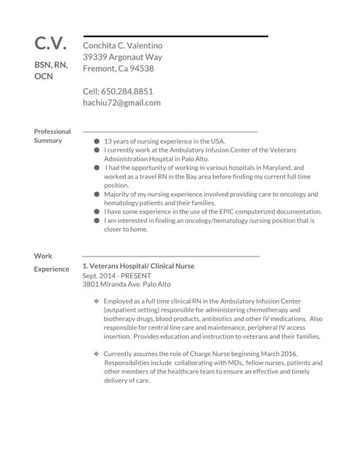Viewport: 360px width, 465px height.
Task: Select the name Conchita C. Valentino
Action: click(123, 45)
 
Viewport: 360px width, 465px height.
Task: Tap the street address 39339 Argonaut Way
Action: click(122, 57)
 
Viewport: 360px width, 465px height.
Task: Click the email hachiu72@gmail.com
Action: click(121, 103)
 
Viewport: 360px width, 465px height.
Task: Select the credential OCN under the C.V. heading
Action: click(44, 76)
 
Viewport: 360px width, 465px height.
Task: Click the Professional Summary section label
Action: click(52, 136)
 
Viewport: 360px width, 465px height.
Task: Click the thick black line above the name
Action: click(175, 36)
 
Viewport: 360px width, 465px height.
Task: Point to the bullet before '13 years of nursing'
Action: click(97, 142)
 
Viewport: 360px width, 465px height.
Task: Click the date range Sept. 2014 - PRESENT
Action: click(117, 276)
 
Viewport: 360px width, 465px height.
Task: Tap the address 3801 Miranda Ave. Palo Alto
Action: click(127, 285)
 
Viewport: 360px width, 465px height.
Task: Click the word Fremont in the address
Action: click(99, 68)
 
